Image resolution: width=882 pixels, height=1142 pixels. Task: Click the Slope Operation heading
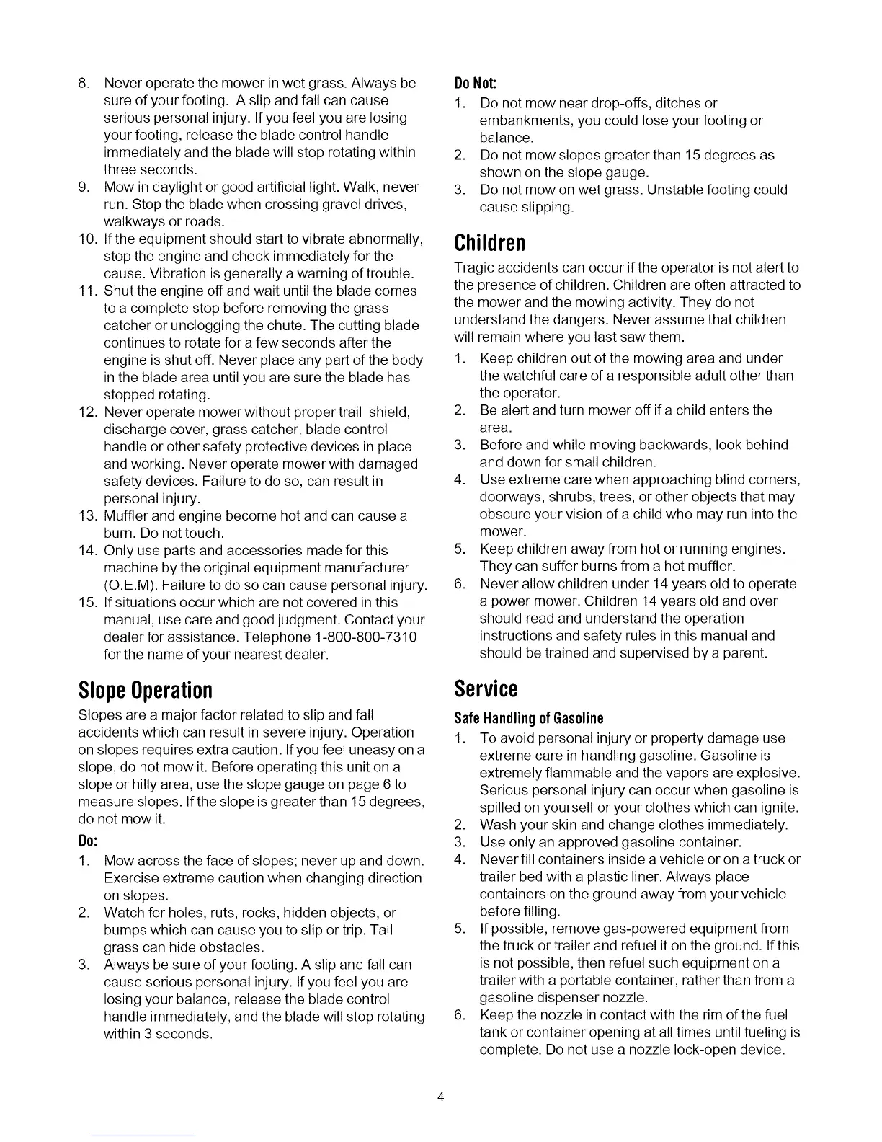pos(145,691)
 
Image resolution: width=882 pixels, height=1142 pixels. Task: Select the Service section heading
pos(486,689)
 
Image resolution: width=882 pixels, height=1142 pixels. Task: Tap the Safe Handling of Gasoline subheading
pos(528,718)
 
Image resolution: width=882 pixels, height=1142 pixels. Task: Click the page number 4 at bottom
pos(441,1097)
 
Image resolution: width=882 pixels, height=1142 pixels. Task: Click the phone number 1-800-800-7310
pos(366,637)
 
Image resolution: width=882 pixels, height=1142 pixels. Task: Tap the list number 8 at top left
pos(83,84)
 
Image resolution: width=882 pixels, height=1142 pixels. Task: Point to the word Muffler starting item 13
pos(128,516)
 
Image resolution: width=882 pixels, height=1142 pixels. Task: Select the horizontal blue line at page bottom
pos(143,1136)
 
